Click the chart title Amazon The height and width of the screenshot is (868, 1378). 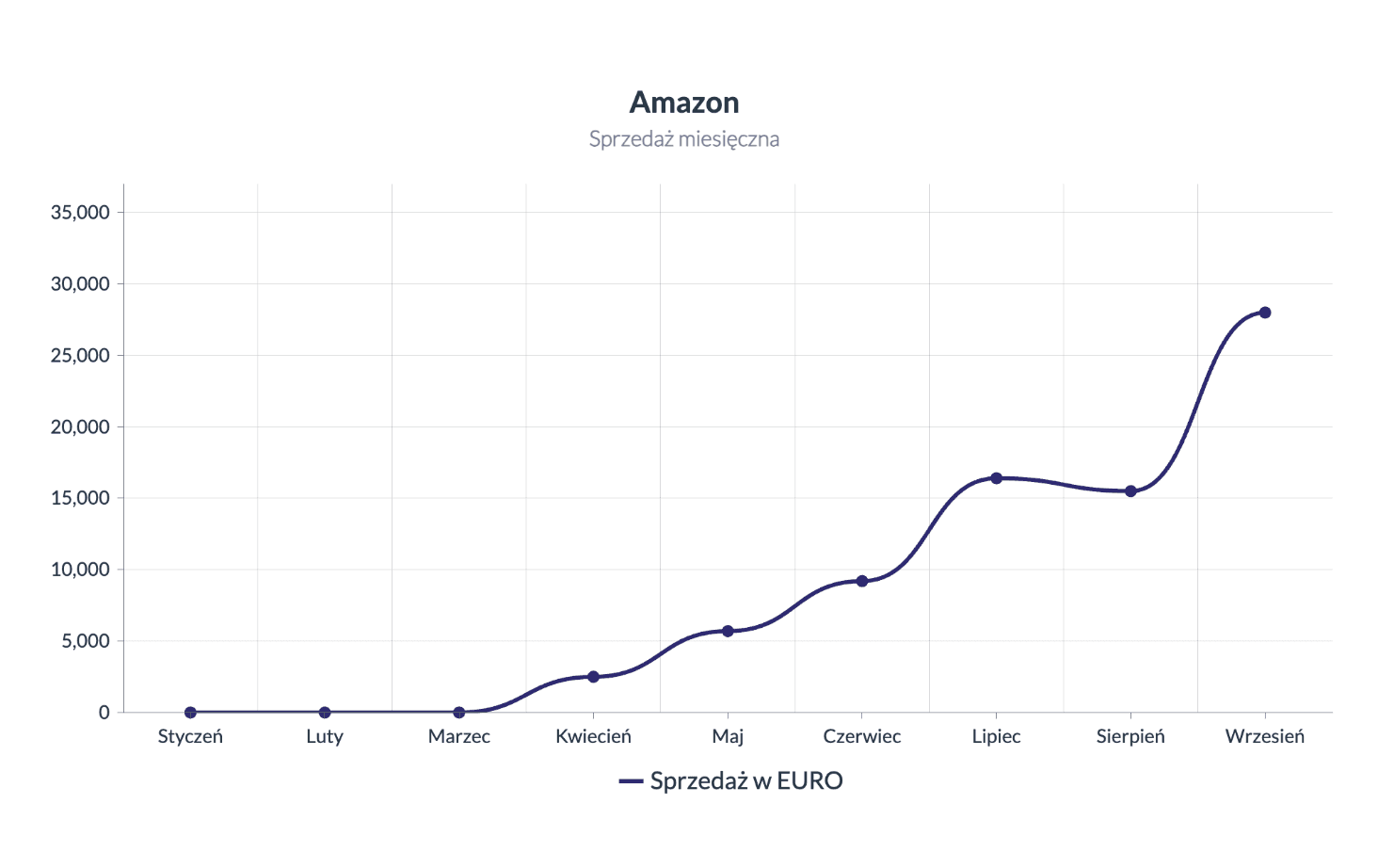point(684,102)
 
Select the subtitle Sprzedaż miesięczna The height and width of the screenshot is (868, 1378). point(684,139)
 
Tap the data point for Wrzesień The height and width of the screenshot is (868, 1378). point(1264,313)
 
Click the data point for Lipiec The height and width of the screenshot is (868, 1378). point(996,478)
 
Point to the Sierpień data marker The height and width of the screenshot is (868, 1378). point(1130,491)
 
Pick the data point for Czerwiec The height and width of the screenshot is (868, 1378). point(862,581)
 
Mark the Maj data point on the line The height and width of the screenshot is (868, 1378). point(728,631)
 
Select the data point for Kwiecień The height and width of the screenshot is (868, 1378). point(593,677)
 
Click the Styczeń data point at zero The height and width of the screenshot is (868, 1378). point(190,713)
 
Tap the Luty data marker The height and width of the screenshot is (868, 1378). point(325,713)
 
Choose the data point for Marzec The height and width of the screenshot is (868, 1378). point(459,713)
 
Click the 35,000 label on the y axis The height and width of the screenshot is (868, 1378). point(80,213)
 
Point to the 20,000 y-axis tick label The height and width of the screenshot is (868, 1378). point(80,427)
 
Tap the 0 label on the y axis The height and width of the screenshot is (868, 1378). point(104,713)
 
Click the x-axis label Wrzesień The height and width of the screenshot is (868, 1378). point(1264,736)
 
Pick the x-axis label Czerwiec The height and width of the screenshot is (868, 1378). point(862,736)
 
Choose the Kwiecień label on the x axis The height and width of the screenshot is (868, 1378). point(593,736)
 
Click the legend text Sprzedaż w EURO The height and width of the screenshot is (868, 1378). point(745,781)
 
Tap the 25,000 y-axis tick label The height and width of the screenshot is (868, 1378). point(80,356)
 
